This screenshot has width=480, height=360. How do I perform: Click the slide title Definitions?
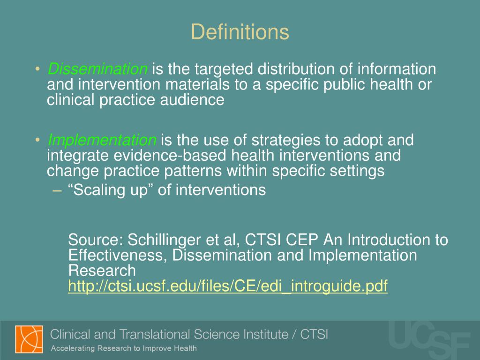click(x=240, y=32)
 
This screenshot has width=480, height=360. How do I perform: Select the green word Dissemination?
click(x=97, y=69)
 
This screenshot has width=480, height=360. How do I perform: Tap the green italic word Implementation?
click(x=102, y=140)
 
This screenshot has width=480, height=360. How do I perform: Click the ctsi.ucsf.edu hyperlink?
click(x=228, y=286)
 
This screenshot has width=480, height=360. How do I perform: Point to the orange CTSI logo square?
click(x=29, y=339)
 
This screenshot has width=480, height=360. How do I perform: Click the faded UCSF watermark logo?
click(x=429, y=340)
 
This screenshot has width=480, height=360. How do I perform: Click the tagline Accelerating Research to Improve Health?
click(x=123, y=348)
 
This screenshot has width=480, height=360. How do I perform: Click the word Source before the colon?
click(x=95, y=240)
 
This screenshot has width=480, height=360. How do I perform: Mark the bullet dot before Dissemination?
click(x=37, y=70)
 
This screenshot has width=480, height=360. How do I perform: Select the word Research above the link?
click(x=102, y=270)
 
